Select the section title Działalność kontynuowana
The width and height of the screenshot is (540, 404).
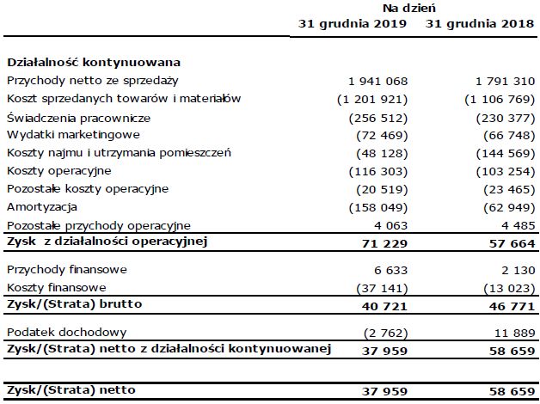93,63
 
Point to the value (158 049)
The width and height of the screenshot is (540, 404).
377,207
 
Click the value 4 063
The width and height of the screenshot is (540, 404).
390,225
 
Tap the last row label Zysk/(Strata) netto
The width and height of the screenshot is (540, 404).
71,390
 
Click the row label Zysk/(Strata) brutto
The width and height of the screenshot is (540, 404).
71,304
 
